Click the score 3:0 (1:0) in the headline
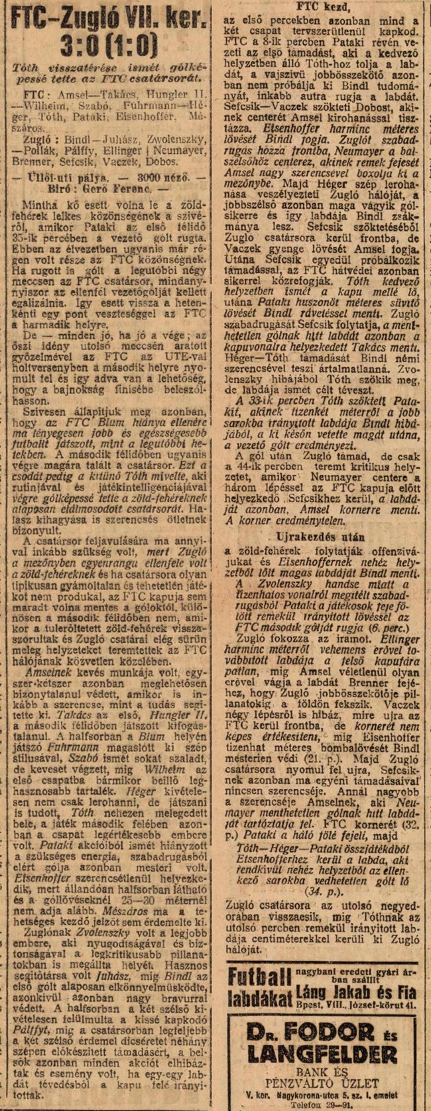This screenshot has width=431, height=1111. (108, 46)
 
